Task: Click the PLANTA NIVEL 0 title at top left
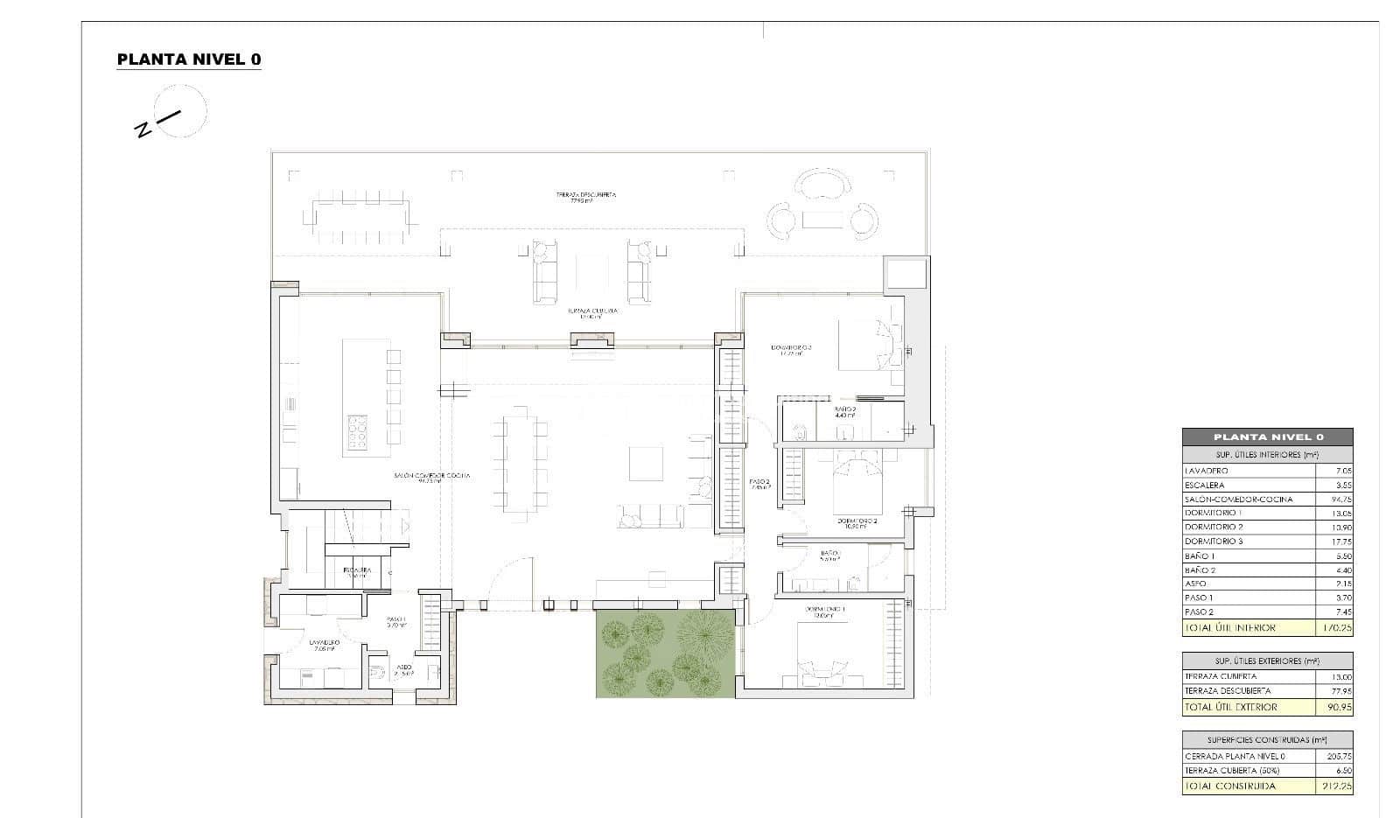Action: [188, 59]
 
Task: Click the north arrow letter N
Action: [143, 130]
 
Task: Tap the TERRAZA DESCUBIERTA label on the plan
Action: [585, 197]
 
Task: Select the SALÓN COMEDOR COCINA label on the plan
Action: [431, 477]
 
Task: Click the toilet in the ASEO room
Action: [378, 673]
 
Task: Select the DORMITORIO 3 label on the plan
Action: [791, 349]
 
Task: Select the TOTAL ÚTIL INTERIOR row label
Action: [1229, 628]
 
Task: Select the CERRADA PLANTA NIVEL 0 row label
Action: [1235, 757]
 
